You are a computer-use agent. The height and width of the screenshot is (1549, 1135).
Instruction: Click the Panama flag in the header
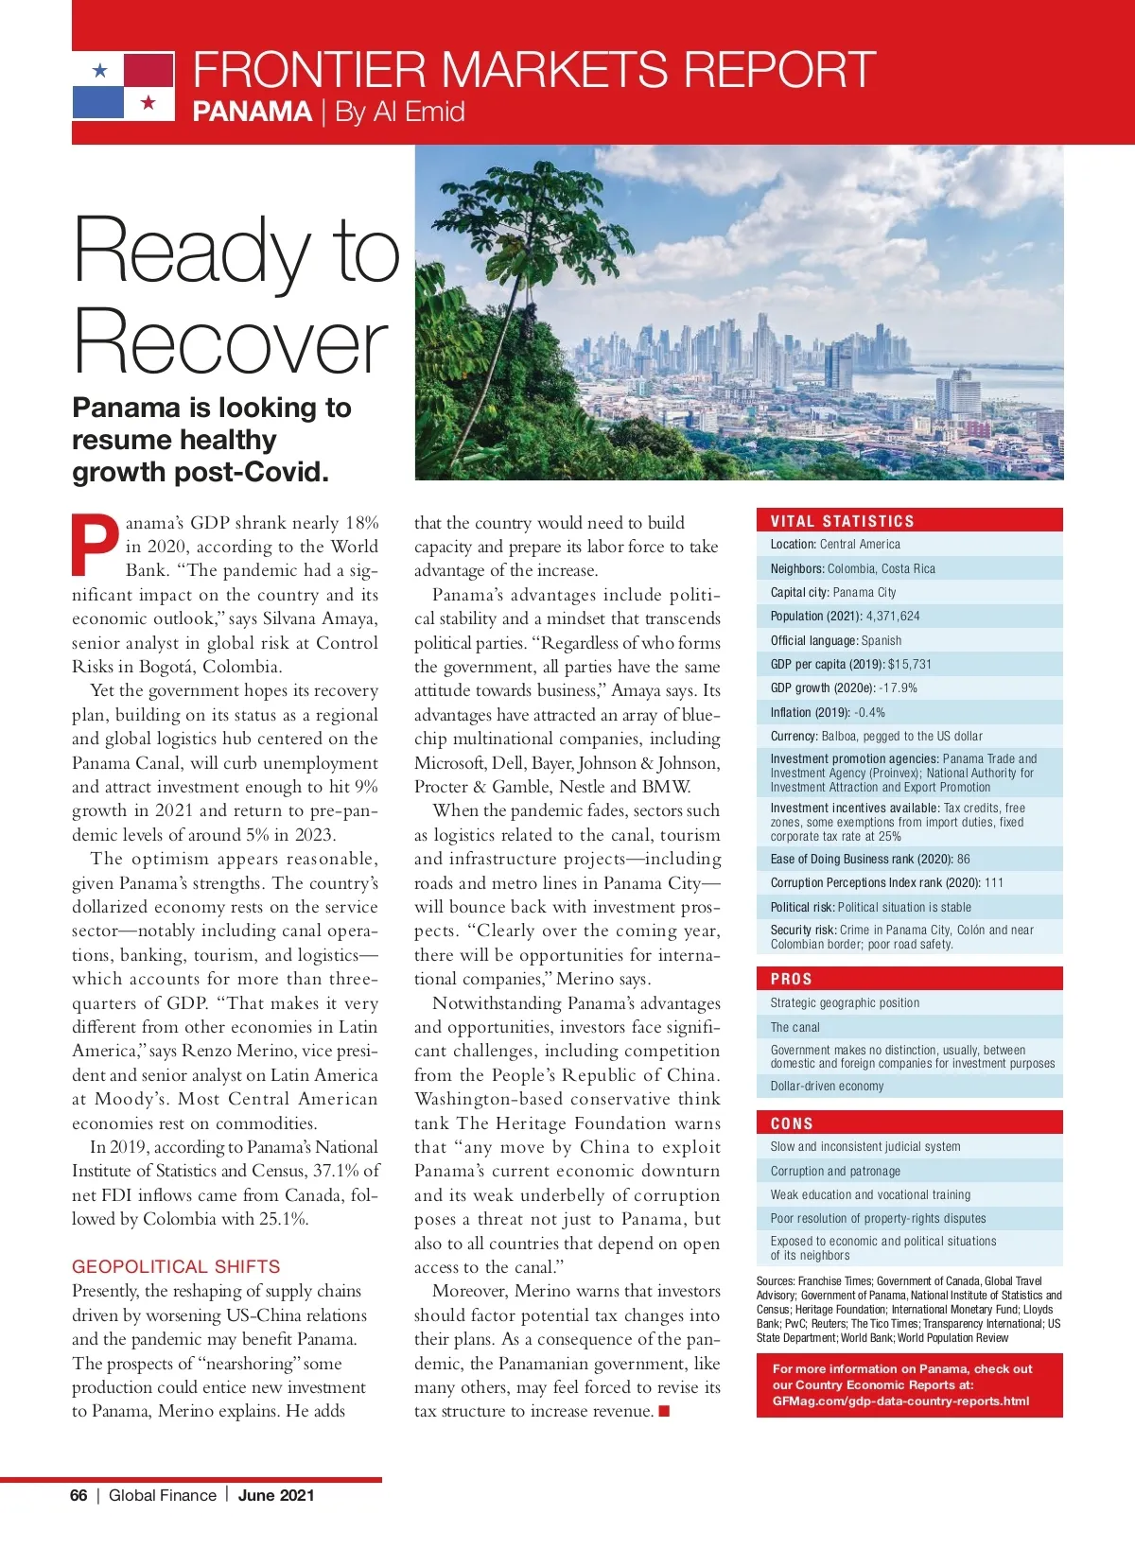tap(124, 86)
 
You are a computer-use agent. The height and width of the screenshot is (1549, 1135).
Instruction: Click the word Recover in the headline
tap(231, 341)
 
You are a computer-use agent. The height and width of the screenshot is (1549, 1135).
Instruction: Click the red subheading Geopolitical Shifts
tap(176, 1266)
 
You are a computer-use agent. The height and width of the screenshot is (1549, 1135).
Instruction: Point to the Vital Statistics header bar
tap(909, 520)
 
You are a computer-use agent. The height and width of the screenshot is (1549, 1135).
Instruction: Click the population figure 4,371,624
tap(893, 616)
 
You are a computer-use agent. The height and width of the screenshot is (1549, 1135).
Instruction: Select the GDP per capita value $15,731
tap(909, 664)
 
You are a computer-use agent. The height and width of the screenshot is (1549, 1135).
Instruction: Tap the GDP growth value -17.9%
tap(898, 687)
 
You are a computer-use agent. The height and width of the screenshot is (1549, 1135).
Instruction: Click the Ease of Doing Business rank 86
tap(963, 859)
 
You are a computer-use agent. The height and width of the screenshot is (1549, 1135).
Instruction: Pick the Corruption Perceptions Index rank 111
tap(993, 882)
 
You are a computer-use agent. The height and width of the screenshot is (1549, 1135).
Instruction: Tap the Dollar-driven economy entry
tap(827, 1086)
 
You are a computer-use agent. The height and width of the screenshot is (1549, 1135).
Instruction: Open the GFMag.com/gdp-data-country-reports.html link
tap(900, 1401)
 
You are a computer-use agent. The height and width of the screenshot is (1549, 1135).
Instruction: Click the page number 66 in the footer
tap(79, 1495)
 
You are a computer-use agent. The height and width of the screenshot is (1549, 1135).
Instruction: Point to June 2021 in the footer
tap(276, 1495)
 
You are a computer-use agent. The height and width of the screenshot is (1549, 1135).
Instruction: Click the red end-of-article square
tap(664, 1412)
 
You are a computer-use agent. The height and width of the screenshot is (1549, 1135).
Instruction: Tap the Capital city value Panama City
tap(864, 592)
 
